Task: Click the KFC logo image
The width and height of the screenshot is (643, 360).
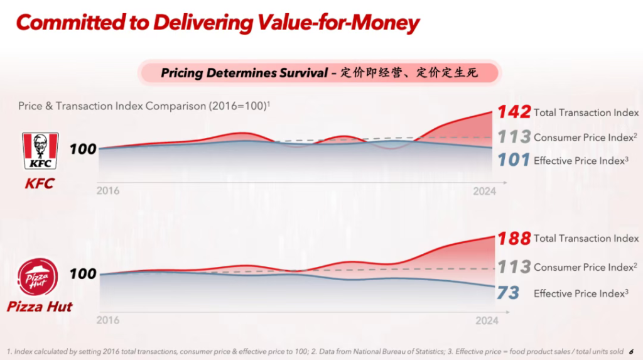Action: [x=40, y=151]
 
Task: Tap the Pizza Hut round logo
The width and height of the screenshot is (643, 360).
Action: [x=38, y=277]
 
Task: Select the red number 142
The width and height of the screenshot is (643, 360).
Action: [x=514, y=112]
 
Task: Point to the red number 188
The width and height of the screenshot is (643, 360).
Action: [x=514, y=239]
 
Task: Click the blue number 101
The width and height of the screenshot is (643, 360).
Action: [x=514, y=160]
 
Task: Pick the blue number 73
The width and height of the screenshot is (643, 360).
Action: [x=508, y=293]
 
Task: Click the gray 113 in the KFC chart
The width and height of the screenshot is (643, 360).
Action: [x=514, y=137]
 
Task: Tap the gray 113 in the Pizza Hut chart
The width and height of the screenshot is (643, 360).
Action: [x=514, y=267]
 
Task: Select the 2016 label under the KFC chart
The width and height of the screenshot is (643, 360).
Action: [x=108, y=191]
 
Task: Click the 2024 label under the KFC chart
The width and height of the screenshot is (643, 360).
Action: [x=484, y=191]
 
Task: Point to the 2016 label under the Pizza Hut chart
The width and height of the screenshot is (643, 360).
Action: [x=108, y=320]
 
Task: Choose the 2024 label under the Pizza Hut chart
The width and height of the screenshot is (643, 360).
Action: [x=487, y=320]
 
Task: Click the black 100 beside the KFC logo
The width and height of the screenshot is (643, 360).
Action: [x=83, y=149]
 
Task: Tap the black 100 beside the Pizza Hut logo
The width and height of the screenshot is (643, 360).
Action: [x=83, y=274]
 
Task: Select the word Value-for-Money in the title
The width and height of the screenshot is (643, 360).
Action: [x=338, y=23]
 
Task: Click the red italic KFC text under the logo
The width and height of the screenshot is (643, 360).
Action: [x=40, y=183]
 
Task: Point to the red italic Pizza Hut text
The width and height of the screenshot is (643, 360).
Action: [x=40, y=307]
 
